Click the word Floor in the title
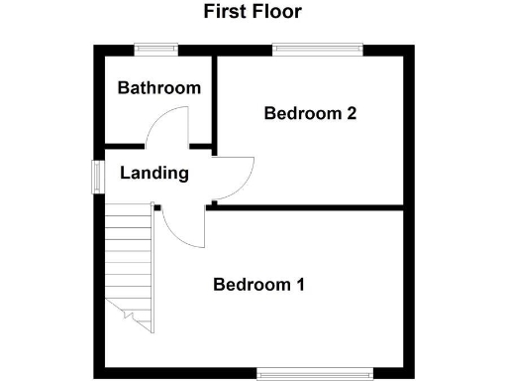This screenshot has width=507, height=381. click(278, 12)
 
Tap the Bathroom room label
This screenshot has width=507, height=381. click(158, 88)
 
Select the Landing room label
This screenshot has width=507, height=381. click(154, 173)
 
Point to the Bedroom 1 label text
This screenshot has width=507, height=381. click(258, 285)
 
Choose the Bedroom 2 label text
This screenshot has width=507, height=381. click(310, 113)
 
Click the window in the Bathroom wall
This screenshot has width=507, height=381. click(155, 48)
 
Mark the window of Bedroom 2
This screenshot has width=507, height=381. click(318, 48)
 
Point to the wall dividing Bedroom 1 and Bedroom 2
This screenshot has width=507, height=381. click(307, 207)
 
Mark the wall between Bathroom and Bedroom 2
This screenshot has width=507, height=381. click(214, 99)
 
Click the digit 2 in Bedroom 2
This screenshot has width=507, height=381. click(351, 113)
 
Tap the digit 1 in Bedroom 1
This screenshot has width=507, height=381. click(299, 285)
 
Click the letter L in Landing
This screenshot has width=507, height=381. click(125, 173)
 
